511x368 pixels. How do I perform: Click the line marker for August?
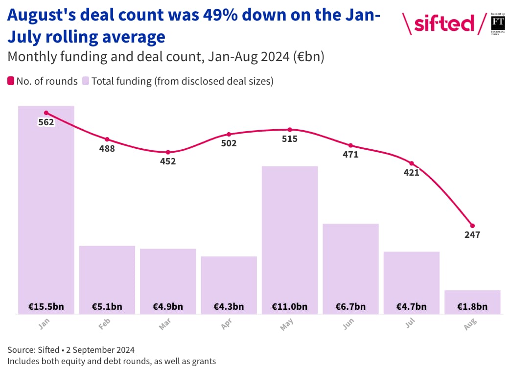point(472,226)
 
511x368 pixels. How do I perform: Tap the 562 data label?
point(46,122)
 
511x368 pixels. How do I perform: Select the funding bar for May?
point(290,235)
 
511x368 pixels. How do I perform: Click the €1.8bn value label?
point(472,307)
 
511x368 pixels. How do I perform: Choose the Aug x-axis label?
point(470,324)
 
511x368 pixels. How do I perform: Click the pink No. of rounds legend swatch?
point(11,81)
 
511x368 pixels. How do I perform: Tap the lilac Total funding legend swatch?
point(85,81)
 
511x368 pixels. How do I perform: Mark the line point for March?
point(168,152)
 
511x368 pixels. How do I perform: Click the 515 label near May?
point(290,139)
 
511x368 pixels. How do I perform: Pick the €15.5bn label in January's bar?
point(46,307)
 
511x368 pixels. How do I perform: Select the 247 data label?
point(472,235)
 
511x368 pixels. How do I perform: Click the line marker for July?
point(412,163)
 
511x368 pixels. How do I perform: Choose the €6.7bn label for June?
point(350,307)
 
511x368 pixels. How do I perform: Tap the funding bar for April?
point(229,279)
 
